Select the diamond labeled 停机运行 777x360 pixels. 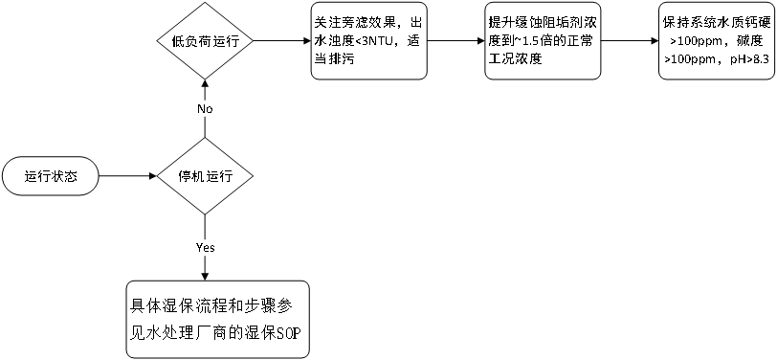204,176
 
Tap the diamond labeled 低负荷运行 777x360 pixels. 204,41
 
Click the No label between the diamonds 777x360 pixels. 205,109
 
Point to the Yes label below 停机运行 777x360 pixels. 205,246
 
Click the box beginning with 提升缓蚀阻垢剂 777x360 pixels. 542,41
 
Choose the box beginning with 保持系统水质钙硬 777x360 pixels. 717,41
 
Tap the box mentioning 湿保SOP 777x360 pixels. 218,319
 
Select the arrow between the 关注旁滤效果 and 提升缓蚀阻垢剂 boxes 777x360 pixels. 455,41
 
